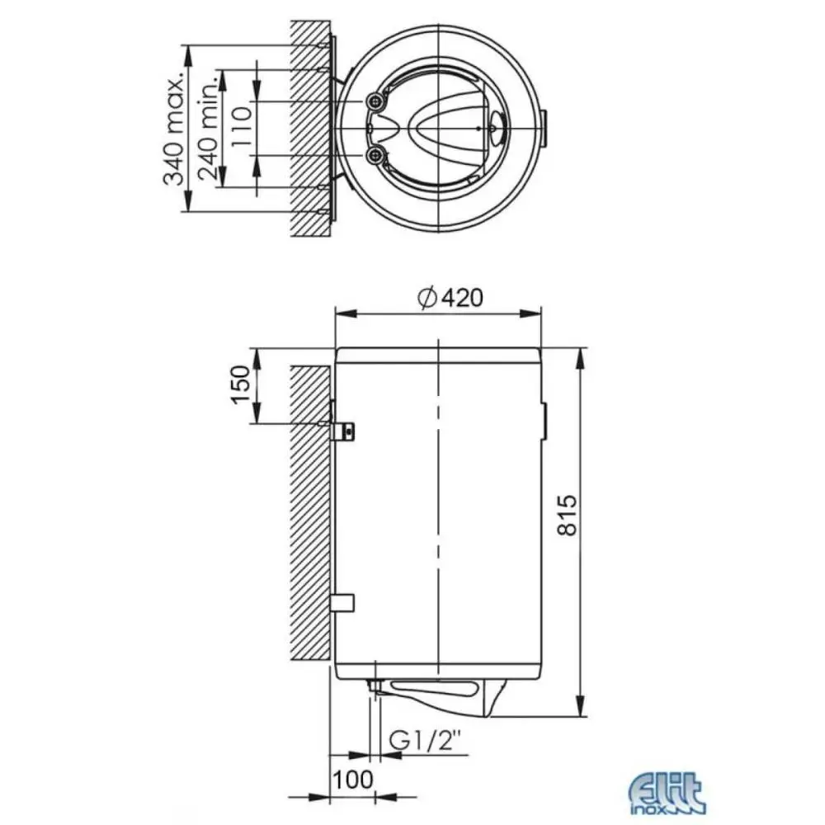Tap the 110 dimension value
coord(242,129)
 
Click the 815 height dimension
coord(567,515)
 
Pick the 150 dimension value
coord(240,384)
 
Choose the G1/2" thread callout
coord(425,742)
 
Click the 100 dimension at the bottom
coord(353,780)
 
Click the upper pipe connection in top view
coord(375,101)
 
